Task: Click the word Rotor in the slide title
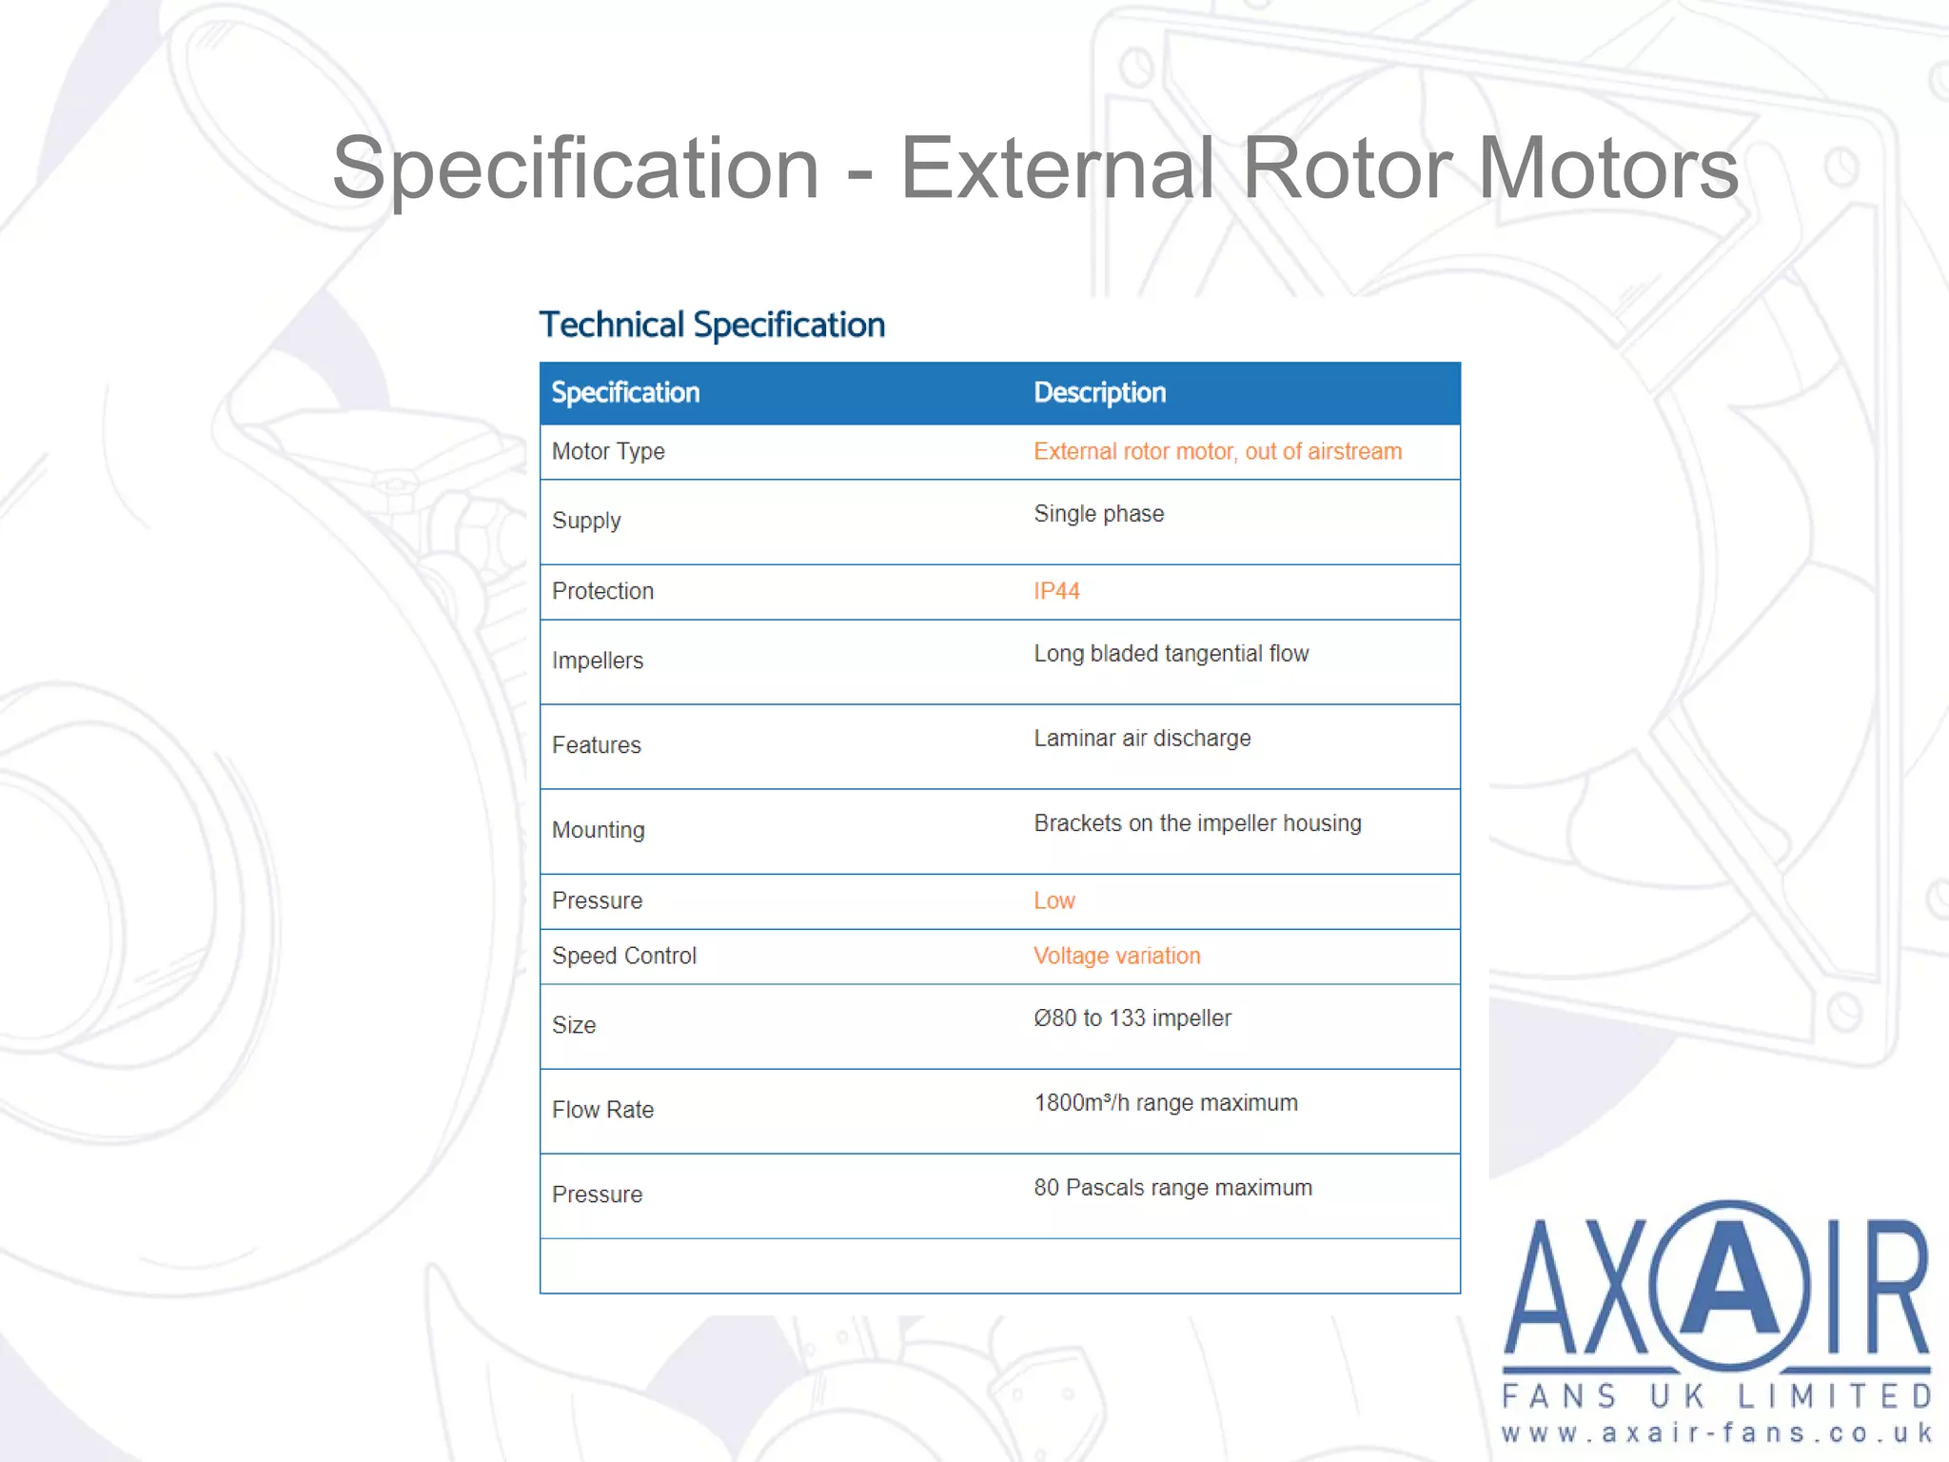click(1349, 168)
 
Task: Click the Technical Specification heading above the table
click(712, 326)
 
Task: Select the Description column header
click(1099, 393)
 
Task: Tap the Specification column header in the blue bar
click(625, 393)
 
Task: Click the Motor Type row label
click(608, 451)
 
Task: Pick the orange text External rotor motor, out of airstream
click(1217, 451)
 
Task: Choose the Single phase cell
click(1098, 514)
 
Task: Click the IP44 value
click(1056, 591)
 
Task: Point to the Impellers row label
click(598, 661)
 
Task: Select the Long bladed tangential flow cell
click(1171, 654)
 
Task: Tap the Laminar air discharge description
click(1142, 739)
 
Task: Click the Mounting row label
click(598, 830)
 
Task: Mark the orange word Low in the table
click(1054, 901)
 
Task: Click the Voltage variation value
click(1116, 956)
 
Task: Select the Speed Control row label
click(624, 956)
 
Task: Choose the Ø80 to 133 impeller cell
click(1132, 1018)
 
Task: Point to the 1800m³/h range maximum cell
click(1165, 1103)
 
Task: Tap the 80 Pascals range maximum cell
click(1172, 1188)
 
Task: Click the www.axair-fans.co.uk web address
click(1716, 1433)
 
